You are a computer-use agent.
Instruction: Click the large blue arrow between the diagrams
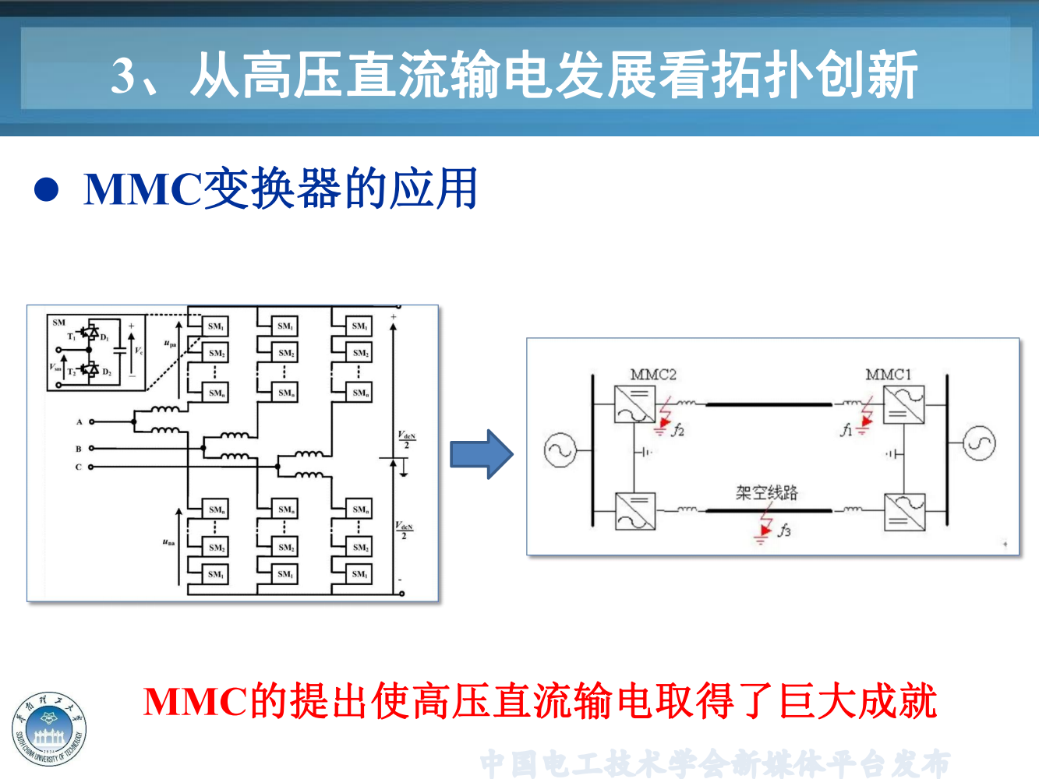coord(482,454)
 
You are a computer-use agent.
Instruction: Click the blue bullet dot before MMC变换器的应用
coord(47,189)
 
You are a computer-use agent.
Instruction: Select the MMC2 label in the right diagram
coord(653,375)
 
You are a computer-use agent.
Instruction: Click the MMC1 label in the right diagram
coord(888,375)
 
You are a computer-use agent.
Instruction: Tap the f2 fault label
coord(678,429)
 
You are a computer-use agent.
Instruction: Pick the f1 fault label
coord(846,429)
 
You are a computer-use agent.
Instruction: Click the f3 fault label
coord(784,530)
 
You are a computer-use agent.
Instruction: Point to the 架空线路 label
coord(767,492)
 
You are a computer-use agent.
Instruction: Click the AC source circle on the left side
coord(560,450)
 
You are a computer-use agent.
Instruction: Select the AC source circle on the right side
coord(979,443)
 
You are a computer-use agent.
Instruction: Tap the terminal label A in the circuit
coord(80,422)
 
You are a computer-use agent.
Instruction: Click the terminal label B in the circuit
coord(79,449)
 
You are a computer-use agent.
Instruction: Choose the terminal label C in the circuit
coord(79,467)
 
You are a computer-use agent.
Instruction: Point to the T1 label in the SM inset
coord(72,337)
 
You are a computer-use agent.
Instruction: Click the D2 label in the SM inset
coord(107,372)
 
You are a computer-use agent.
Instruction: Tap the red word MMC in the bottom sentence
coord(195,701)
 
